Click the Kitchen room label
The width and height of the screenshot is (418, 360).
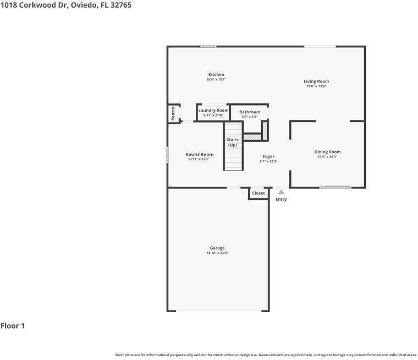(x=216, y=75)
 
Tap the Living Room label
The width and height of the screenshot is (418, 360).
(x=316, y=81)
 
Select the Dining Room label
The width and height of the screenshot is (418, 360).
(x=327, y=152)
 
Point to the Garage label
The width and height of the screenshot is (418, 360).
(x=217, y=248)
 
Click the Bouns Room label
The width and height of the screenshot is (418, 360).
(x=199, y=154)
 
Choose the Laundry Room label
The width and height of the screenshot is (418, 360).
(x=213, y=110)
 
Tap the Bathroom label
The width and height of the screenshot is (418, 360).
(x=249, y=112)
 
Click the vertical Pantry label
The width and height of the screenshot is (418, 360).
(x=173, y=114)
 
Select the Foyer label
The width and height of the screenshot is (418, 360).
(x=268, y=157)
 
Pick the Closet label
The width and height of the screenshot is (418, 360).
(x=258, y=193)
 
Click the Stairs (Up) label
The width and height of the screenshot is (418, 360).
(x=233, y=142)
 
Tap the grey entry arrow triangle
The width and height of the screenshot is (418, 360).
(x=281, y=192)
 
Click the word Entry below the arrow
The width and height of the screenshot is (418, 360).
(x=281, y=199)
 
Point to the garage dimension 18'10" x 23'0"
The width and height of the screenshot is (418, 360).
(x=217, y=253)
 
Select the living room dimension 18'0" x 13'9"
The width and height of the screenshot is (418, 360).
(x=316, y=86)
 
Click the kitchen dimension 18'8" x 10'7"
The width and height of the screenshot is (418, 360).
(x=216, y=80)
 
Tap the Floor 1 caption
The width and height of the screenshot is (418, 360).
(x=13, y=326)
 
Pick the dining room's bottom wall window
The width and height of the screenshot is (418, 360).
(x=335, y=187)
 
